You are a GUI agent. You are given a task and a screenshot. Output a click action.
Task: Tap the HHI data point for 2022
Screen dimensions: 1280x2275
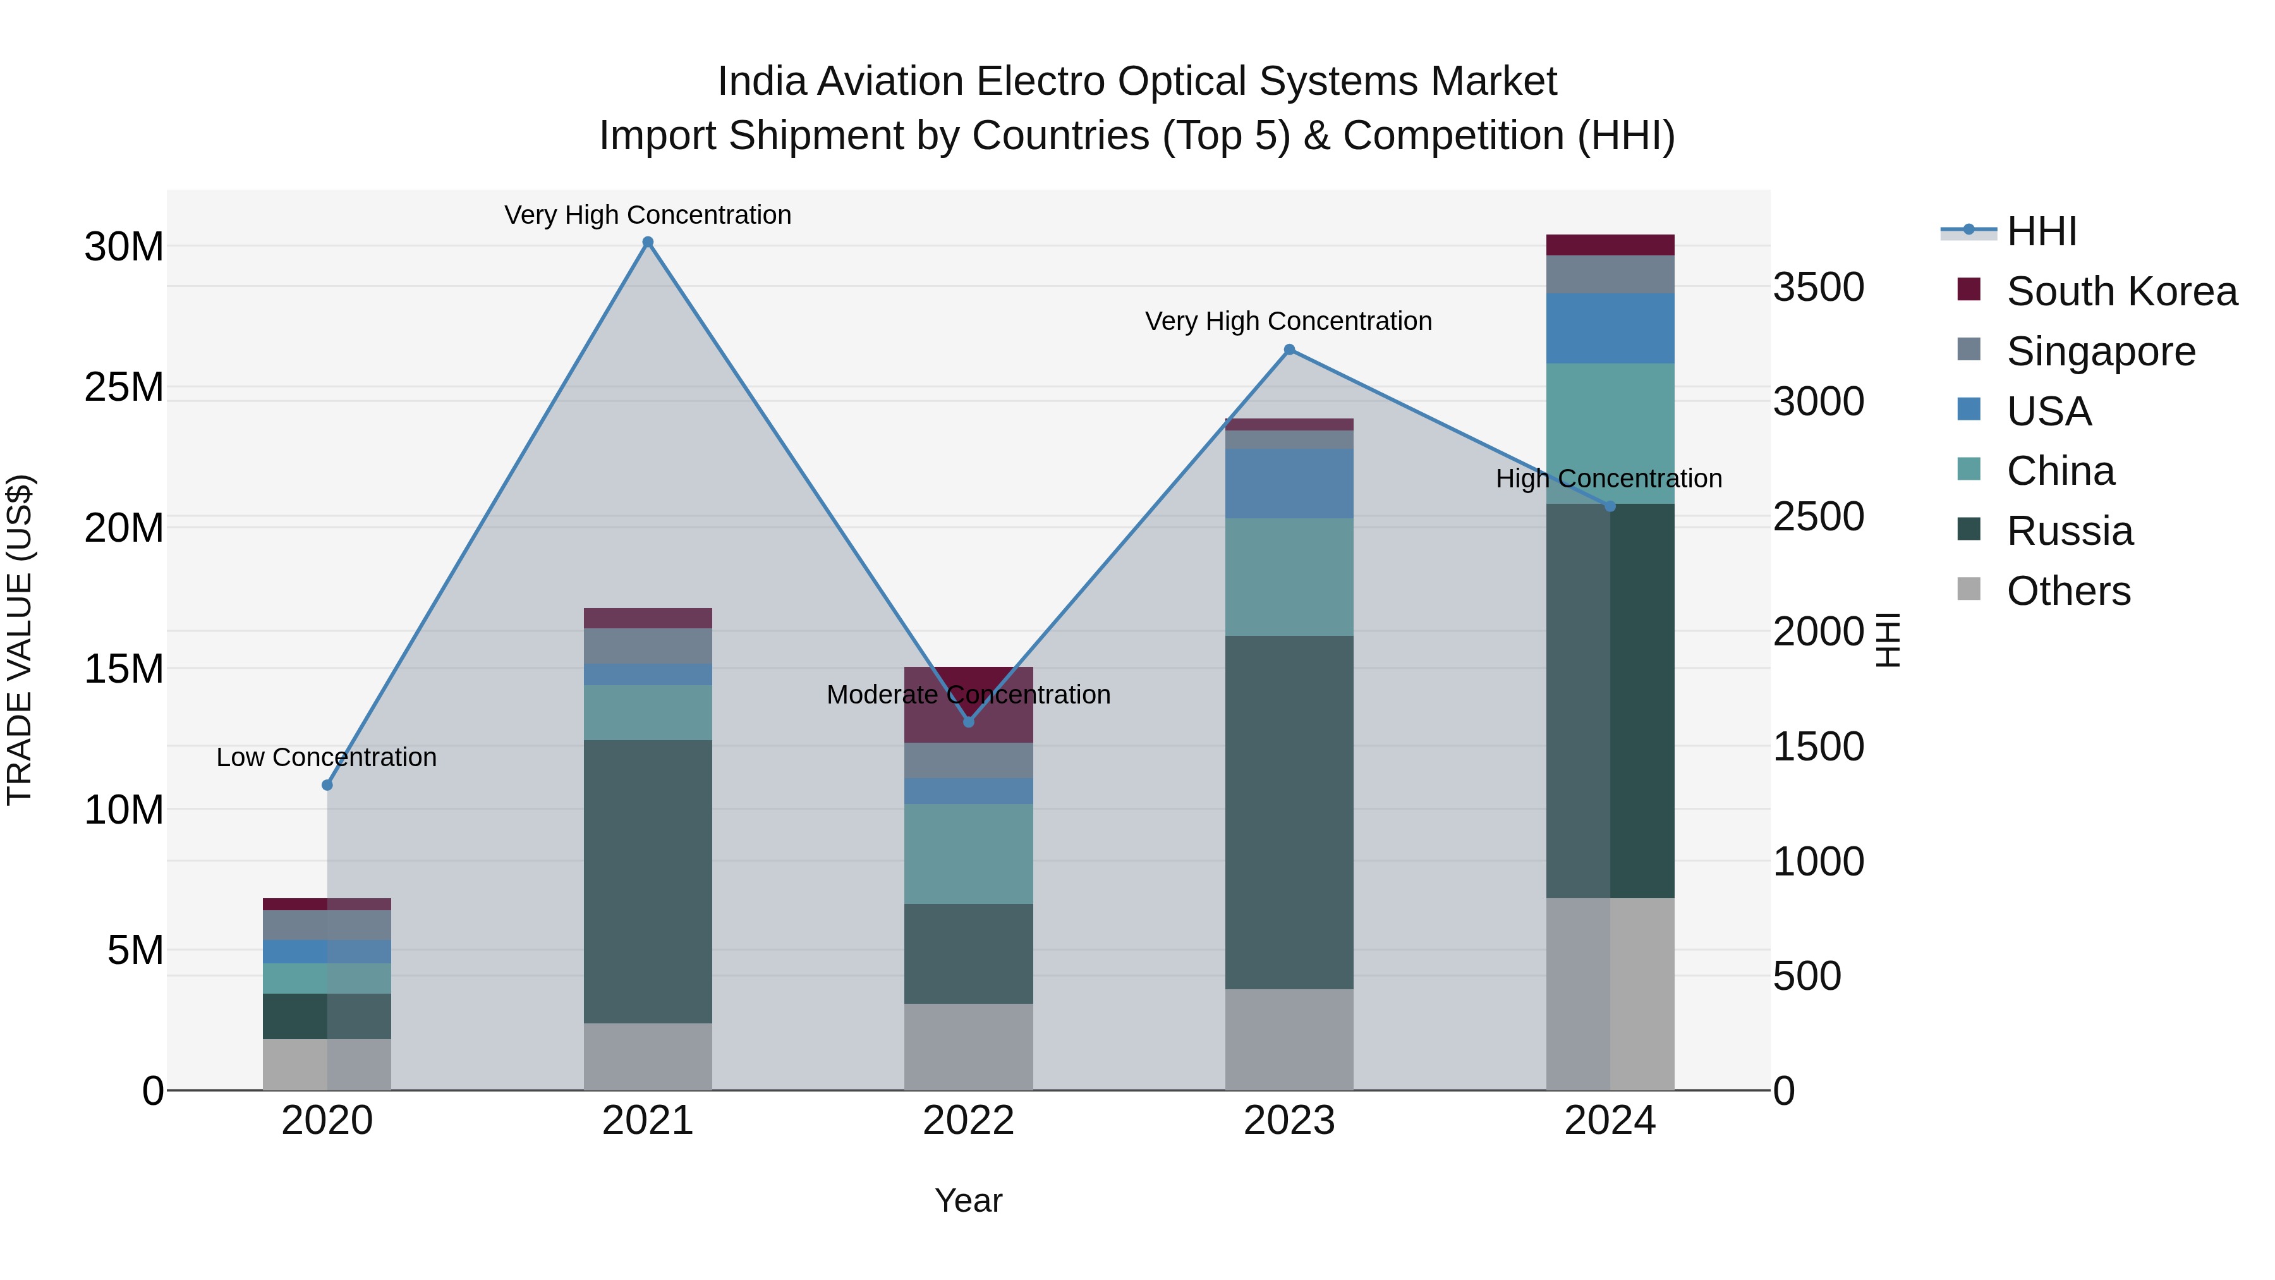968,722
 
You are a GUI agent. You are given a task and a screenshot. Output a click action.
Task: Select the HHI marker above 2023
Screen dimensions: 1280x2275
1289,350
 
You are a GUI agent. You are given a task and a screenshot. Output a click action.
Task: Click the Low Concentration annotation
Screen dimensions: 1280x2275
326,757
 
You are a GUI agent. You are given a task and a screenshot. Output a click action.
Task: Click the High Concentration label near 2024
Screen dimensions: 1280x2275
1608,478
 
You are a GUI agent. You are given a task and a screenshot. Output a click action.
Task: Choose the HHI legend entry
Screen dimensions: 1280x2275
2041,231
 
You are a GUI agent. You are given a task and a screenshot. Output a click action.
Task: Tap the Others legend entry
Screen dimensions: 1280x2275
2068,591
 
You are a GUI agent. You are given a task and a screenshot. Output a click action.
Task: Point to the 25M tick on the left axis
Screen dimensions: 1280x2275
124,387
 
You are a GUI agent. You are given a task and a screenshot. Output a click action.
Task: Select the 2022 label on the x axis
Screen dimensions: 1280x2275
968,1121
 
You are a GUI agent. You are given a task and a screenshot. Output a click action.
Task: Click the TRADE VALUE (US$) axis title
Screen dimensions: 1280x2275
20,640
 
